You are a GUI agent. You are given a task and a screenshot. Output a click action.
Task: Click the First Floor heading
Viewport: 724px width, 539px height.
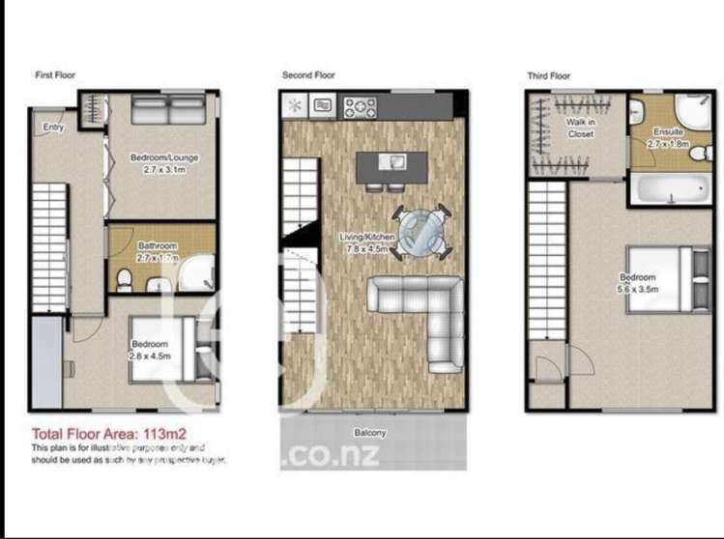click(x=55, y=74)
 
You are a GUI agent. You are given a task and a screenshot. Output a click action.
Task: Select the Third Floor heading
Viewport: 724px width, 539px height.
click(x=549, y=74)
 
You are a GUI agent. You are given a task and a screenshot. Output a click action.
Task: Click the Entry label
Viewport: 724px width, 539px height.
click(x=53, y=127)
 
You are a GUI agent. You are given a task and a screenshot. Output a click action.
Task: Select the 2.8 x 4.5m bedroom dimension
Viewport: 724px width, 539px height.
click(x=150, y=355)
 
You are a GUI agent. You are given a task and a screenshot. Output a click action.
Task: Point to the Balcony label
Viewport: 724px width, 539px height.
click(x=370, y=433)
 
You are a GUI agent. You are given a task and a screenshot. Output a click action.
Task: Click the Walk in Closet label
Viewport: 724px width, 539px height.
click(x=581, y=128)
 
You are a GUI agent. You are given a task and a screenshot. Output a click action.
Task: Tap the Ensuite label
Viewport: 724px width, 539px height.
click(x=668, y=132)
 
